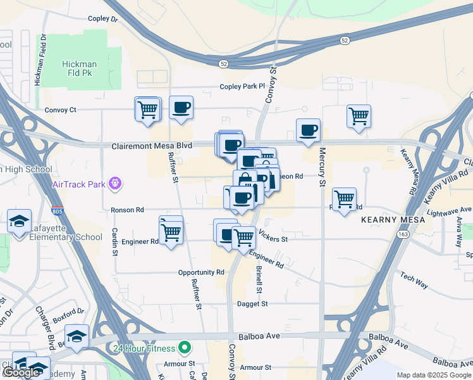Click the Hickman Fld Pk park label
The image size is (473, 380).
[x=79, y=69]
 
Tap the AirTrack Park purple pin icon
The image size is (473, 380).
[x=114, y=184]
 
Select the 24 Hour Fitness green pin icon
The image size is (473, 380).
[x=184, y=348]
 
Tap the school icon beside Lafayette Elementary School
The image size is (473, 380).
[x=18, y=222]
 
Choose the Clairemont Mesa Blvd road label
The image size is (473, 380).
[x=151, y=146]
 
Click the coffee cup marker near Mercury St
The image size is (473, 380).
[x=309, y=130]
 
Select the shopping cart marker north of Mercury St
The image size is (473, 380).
[x=359, y=117]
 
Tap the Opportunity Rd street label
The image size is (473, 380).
[x=202, y=272]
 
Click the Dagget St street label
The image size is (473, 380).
[x=252, y=304]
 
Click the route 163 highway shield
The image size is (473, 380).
[x=403, y=234]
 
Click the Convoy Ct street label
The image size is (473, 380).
[x=60, y=110]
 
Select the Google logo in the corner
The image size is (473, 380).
[x=21, y=373]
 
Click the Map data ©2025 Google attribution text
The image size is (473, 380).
[x=433, y=375]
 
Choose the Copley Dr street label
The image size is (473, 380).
[x=103, y=19]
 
